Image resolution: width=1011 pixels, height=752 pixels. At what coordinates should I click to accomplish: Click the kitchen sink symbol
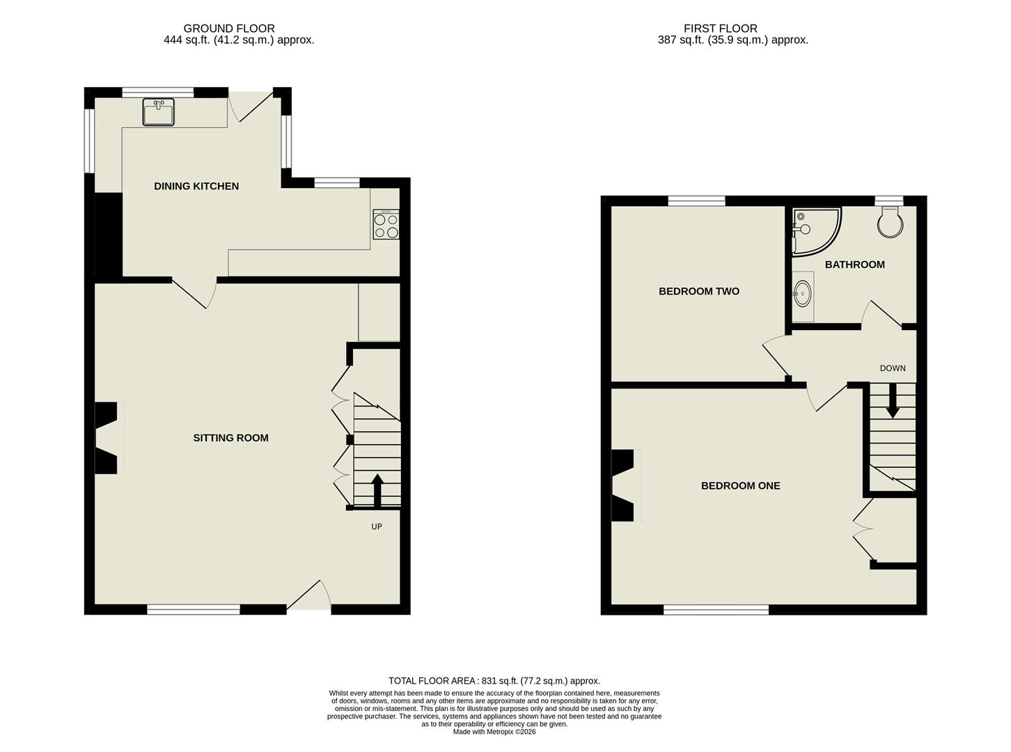[159, 112]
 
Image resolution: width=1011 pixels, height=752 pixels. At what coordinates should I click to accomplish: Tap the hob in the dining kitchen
[386, 224]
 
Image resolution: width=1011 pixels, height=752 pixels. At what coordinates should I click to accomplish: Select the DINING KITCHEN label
[196, 186]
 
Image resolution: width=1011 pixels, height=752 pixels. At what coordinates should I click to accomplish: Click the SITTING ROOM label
[230, 438]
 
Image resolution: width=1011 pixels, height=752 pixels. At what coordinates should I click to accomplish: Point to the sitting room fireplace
[107, 438]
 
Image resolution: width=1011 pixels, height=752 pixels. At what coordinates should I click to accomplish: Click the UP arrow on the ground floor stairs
[377, 491]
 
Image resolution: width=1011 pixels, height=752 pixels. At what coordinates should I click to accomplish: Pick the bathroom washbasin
[803, 293]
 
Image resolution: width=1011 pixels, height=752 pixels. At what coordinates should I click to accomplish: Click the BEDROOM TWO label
[699, 291]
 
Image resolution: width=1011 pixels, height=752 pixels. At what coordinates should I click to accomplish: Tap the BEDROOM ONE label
[740, 485]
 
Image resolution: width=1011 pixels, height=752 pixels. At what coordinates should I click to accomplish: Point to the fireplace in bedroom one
[624, 485]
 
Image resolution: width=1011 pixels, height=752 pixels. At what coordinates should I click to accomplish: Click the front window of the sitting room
[194, 610]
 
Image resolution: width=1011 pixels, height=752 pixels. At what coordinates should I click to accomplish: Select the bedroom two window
[696, 201]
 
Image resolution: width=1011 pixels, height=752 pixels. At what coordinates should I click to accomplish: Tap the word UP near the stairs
[377, 526]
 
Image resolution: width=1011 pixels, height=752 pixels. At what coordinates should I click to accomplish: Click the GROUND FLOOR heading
[229, 29]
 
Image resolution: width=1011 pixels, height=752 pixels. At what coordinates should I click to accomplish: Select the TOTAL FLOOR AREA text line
[494, 681]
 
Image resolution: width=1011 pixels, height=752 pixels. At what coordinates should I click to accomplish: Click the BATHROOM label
[854, 265]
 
